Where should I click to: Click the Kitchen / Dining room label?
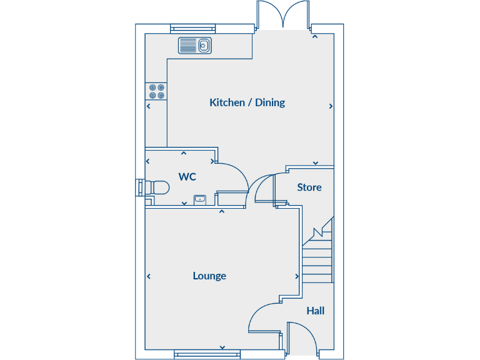247,102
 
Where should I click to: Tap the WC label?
187,177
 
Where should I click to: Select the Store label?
309,187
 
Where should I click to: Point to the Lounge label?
209,276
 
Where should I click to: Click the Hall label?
315,311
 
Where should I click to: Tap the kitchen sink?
195,45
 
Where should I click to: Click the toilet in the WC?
156,187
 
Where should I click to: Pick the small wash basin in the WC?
200,199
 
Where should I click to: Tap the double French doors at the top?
284,15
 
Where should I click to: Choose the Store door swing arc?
264,187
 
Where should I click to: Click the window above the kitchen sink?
194,27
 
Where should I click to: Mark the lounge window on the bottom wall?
207,354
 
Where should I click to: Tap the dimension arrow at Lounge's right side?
296,276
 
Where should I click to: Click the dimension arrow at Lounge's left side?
149,276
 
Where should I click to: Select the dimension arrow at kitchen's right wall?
331,106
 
